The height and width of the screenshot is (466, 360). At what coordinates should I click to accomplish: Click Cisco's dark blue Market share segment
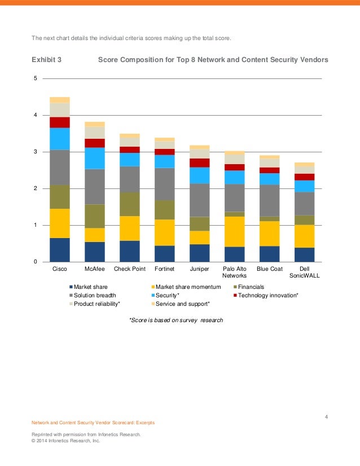point(60,250)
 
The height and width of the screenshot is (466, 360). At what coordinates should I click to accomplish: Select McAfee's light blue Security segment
point(95,159)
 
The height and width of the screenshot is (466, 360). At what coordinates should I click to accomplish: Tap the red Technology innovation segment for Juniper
point(200,163)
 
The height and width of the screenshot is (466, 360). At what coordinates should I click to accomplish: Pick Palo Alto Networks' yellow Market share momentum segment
point(235,231)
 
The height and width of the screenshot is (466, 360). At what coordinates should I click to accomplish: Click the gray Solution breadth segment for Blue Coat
point(270,201)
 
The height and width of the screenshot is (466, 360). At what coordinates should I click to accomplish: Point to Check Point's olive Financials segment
point(130,204)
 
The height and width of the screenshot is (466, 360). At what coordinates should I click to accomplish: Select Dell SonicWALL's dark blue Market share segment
point(304,254)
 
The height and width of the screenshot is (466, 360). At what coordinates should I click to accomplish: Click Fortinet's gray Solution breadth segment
point(165,184)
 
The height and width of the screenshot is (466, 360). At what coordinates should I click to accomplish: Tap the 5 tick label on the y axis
point(36,78)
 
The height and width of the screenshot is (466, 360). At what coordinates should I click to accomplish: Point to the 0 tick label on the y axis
point(36,262)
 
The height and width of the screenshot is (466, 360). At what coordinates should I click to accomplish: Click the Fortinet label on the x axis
point(164,269)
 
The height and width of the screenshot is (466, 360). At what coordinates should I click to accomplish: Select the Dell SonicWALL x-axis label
point(304,272)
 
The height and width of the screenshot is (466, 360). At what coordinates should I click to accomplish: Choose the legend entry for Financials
point(249,287)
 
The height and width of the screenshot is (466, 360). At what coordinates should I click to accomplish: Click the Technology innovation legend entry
point(266,296)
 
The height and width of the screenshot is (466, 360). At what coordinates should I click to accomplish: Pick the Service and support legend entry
point(181,304)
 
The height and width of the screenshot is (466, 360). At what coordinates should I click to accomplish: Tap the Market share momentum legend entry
point(186,287)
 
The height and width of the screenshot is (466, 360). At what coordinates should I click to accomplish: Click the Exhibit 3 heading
point(46,60)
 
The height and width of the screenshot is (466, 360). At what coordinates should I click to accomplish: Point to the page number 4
point(326,417)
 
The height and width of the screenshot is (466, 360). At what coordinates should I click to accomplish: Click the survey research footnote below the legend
point(176,320)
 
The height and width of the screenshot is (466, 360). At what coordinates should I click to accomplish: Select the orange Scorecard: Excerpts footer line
point(93,423)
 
